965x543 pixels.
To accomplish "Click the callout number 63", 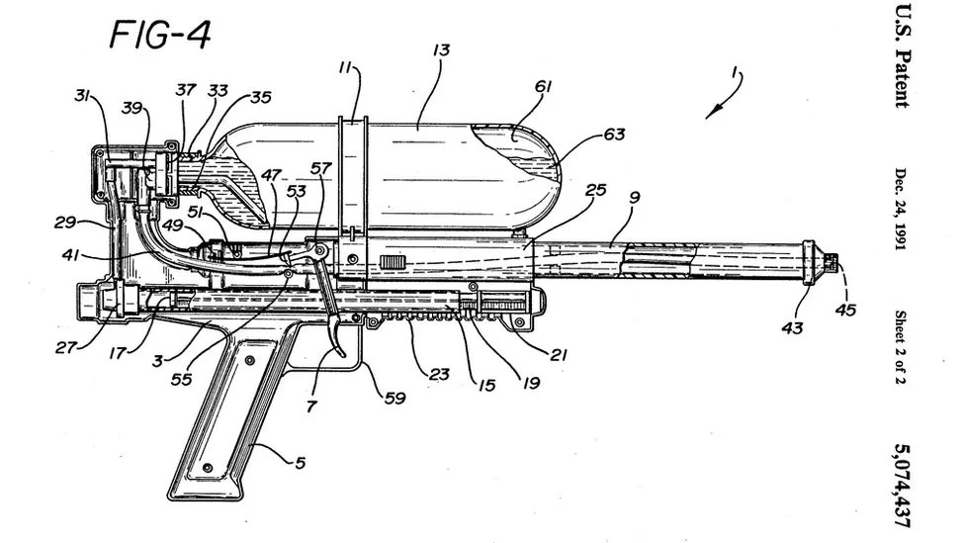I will point(615,134).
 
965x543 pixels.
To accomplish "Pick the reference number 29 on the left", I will point(65,222).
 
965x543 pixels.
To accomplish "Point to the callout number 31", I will point(83,96).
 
